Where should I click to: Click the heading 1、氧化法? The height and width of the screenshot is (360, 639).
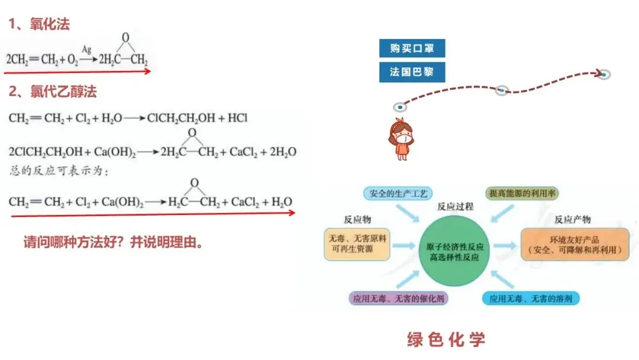click(x=39, y=24)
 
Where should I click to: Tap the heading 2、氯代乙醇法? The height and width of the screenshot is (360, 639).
click(x=53, y=92)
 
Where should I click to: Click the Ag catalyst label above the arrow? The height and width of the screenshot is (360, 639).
click(x=86, y=50)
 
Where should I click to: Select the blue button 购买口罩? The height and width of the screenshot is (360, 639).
click(x=411, y=49)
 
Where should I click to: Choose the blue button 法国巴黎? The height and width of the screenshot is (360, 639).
click(x=411, y=72)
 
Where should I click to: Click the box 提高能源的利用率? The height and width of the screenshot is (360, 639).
click(x=522, y=194)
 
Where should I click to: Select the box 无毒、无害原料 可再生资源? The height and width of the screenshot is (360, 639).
click(x=357, y=245)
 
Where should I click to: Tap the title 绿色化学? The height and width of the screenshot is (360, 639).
click(x=447, y=339)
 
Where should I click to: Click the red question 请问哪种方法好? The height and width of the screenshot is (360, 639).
click(x=113, y=242)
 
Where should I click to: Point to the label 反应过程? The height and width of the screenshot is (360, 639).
click(x=455, y=207)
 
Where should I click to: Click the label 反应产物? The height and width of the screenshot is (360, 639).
click(x=572, y=219)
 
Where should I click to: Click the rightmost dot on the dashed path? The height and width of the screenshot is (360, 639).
click(x=603, y=74)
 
